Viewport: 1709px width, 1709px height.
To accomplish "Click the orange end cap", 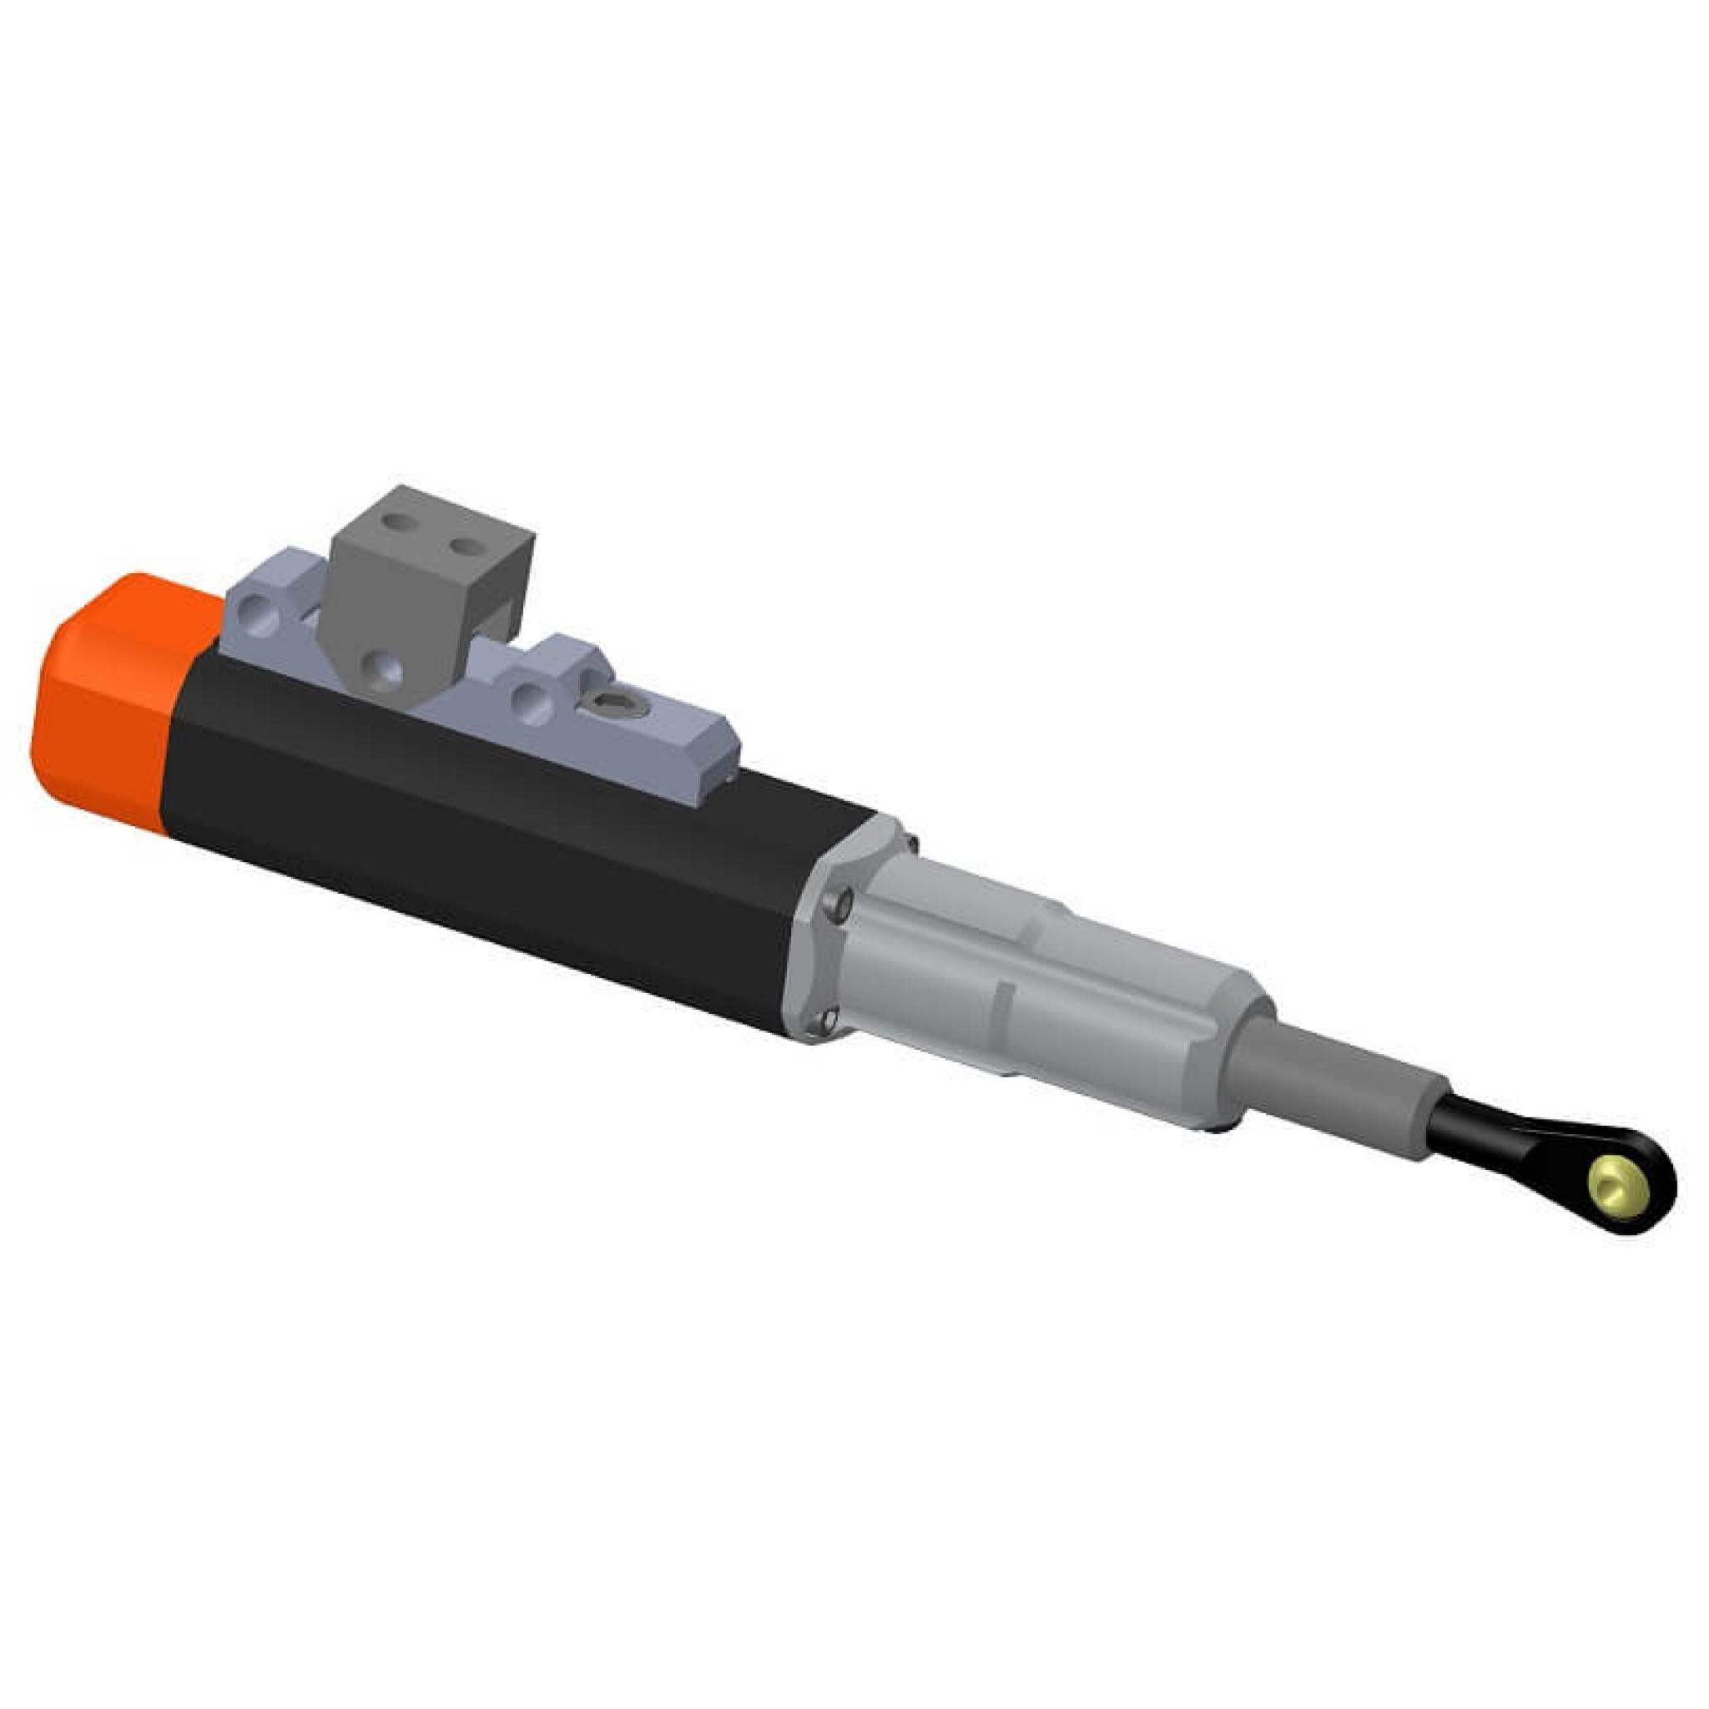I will (x=106, y=708).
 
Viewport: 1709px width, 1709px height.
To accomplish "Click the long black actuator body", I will (x=486, y=840).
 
